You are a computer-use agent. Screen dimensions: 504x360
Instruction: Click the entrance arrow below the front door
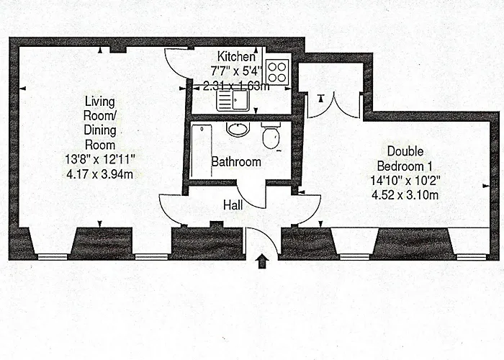tap(263, 261)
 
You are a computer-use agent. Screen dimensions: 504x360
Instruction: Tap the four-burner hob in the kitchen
tap(277, 72)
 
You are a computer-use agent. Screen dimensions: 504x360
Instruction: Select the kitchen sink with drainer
tap(233, 100)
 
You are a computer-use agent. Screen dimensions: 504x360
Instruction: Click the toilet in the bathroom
tap(271, 135)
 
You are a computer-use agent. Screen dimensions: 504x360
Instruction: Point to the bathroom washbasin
tap(238, 129)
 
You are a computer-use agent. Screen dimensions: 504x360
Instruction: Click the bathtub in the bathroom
tap(201, 151)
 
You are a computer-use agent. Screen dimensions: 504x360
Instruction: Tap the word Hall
tap(233, 205)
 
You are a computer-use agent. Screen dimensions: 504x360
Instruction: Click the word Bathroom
tap(236, 162)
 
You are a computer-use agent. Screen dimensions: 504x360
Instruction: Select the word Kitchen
tap(237, 57)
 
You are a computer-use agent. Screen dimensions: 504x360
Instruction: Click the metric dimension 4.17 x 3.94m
tap(99, 174)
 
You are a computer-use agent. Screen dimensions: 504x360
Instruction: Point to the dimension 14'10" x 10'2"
tap(405, 181)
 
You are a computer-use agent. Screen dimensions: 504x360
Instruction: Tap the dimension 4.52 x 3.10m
tap(405, 195)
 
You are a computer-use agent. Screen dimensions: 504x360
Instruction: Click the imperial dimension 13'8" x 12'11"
tap(99, 159)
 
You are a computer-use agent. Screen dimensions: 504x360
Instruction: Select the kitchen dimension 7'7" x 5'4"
tap(237, 71)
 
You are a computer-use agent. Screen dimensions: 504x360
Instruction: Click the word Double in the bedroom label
tap(405, 151)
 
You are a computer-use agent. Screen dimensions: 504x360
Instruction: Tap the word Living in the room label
tap(99, 102)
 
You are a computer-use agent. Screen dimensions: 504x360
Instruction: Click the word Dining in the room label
tap(100, 130)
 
